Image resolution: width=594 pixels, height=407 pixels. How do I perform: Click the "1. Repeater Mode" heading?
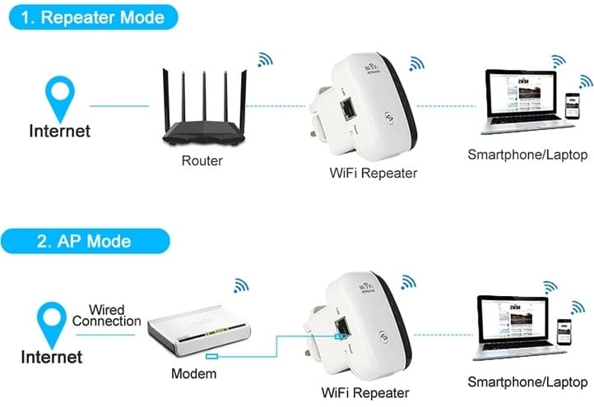click(x=93, y=16)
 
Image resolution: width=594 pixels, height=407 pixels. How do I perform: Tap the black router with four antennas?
click(x=202, y=112)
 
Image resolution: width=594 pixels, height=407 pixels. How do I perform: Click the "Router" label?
click(x=202, y=161)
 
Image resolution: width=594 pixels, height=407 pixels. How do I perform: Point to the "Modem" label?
click(x=194, y=374)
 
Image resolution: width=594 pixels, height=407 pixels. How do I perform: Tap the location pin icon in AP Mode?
click(x=53, y=321)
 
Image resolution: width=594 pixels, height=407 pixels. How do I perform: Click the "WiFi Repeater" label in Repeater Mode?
click(x=372, y=173)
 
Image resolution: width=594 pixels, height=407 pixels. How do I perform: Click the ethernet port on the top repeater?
click(x=350, y=109)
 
